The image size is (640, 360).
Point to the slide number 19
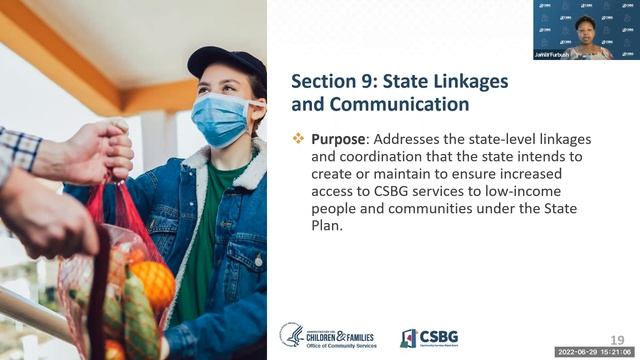pos(618,340)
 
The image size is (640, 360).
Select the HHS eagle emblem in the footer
pos(292,335)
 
